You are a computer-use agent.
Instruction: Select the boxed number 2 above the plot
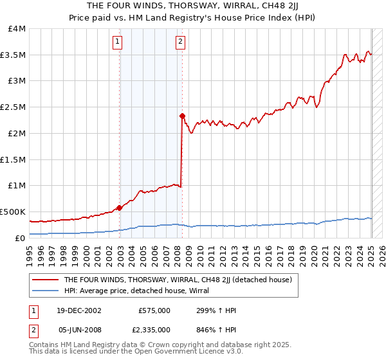(x=180, y=42)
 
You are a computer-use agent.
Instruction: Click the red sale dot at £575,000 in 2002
(x=119, y=208)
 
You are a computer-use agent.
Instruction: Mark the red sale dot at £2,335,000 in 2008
(x=182, y=116)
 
